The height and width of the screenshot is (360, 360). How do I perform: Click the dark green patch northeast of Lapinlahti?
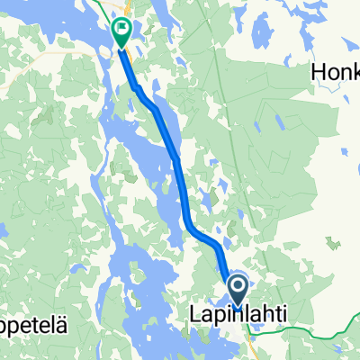point(334,242)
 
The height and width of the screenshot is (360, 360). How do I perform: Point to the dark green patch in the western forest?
point(41,117)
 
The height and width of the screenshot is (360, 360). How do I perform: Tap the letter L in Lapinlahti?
point(193,316)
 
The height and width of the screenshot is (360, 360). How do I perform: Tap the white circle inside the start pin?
point(238,287)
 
